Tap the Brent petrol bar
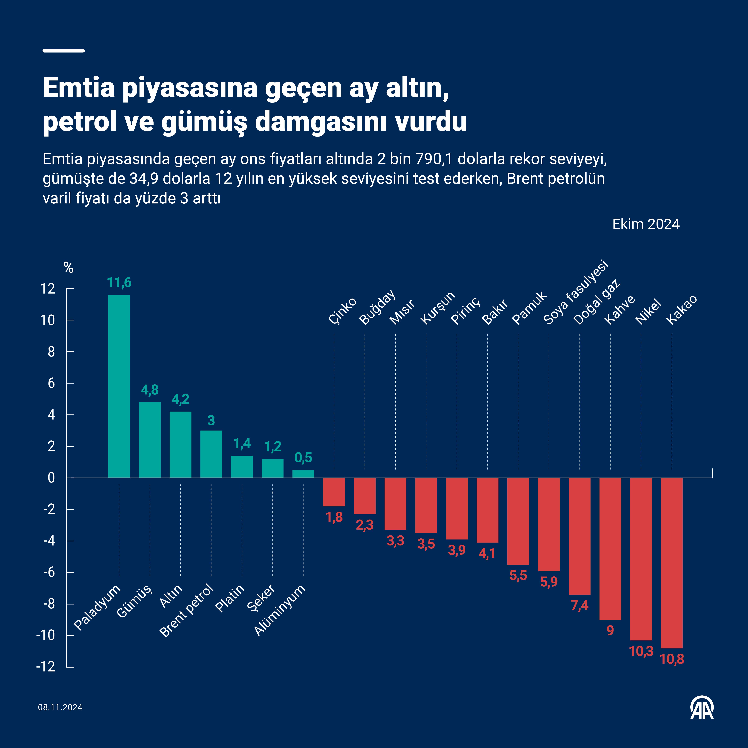point(211,454)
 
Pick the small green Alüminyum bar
point(303,474)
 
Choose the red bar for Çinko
point(334,492)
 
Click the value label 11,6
point(119,283)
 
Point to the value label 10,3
point(641,652)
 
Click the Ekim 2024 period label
point(646,224)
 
